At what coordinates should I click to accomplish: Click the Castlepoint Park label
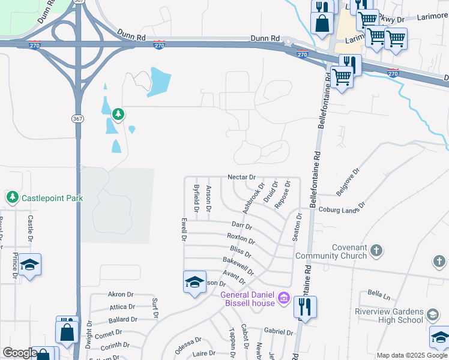point(52,197)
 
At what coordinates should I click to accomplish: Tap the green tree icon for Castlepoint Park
point(12,197)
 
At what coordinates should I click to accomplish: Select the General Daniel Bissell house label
point(248,298)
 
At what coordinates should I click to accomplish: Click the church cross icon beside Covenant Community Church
point(376,250)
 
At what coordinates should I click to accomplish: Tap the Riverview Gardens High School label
point(389,315)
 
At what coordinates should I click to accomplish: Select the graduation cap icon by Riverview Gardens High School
point(433,314)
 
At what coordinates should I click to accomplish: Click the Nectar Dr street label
point(242,177)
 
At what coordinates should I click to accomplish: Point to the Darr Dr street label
point(241,226)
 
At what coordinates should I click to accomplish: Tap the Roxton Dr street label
point(241,239)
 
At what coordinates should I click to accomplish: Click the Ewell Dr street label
point(182,229)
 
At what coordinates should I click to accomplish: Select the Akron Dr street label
point(119,295)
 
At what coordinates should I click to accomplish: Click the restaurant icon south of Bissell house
point(305,307)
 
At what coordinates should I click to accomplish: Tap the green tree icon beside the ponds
point(118,113)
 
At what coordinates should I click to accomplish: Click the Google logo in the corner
point(19,353)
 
